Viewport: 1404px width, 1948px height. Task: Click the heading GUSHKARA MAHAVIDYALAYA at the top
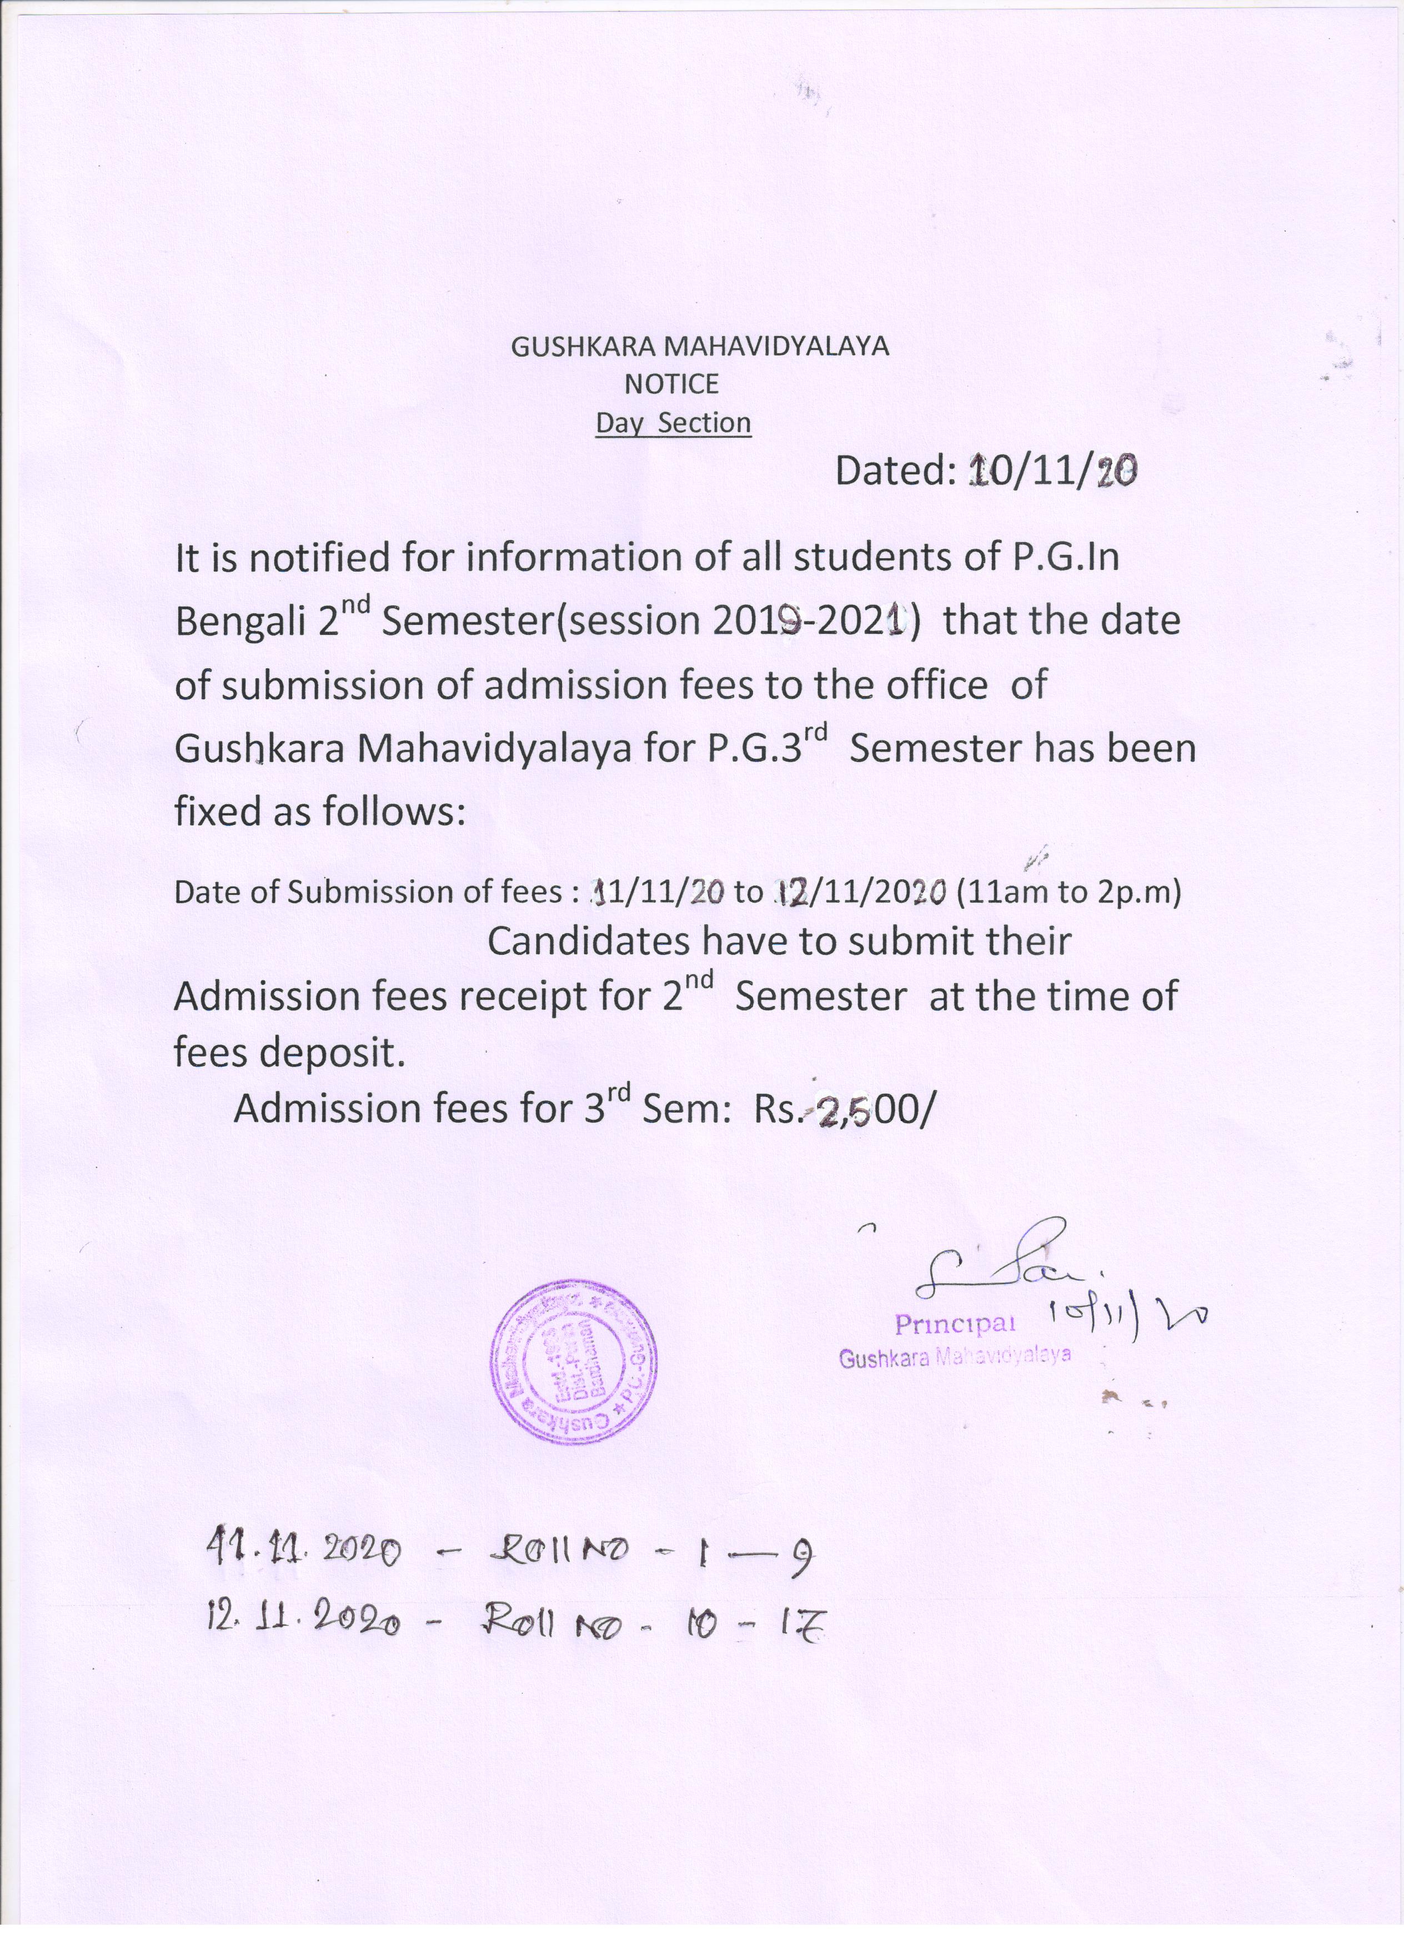(x=700, y=346)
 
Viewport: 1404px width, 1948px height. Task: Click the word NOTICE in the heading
(x=671, y=384)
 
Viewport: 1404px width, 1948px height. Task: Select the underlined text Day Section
(x=673, y=423)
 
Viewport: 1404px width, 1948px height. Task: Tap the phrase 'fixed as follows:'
(x=319, y=811)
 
